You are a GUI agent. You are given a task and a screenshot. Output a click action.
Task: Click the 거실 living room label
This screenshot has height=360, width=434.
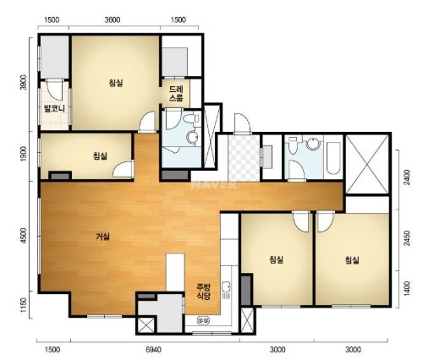click(x=102, y=237)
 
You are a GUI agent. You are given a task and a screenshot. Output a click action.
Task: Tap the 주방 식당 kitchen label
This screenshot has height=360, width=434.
click(x=204, y=292)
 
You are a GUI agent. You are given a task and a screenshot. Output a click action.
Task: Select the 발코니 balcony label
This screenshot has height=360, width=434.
click(x=54, y=109)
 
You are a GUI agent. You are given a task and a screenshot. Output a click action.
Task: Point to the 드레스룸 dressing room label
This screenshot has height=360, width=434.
click(x=176, y=94)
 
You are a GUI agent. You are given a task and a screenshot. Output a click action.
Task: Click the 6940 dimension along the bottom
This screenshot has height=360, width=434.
click(x=154, y=350)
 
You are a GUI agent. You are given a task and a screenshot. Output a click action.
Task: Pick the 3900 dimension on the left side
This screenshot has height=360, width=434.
click(x=24, y=82)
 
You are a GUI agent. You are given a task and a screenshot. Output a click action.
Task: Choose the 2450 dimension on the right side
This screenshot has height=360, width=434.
click(x=406, y=238)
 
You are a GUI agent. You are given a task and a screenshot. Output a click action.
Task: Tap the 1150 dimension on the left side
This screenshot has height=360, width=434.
click(x=24, y=305)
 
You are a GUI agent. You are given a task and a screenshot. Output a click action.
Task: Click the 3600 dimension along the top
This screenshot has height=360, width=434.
click(x=113, y=19)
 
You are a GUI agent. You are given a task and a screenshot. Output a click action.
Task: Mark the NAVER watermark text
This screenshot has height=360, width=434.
click(x=214, y=185)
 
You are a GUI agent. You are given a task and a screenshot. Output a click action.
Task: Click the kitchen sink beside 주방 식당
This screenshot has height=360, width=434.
click(x=226, y=287)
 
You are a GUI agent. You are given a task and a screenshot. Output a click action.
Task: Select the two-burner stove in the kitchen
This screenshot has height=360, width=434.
click(x=204, y=320)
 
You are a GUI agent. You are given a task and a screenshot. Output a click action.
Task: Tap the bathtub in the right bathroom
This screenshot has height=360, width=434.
click(x=333, y=158)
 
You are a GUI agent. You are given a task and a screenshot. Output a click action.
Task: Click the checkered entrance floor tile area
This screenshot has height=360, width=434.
click(x=244, y=158)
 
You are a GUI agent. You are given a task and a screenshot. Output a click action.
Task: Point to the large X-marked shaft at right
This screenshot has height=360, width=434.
click(x=367, y=164)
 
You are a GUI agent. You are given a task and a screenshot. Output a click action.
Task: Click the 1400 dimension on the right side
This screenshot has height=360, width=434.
click(x=406, y=289)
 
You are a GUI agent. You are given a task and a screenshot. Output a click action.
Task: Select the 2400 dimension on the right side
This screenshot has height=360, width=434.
click(x=406, y=177)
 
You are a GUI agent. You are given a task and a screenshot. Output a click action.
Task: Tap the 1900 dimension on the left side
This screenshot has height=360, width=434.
click(x=24, y=154)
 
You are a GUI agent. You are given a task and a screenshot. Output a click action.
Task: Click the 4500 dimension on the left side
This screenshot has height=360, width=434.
click(x=24, y=236)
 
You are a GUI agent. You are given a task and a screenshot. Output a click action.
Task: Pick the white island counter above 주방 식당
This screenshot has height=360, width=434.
click(x=175, y=272)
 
